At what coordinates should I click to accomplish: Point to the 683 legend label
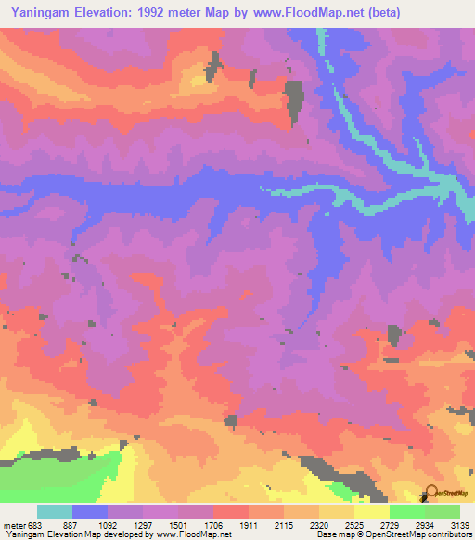tap(35, 523)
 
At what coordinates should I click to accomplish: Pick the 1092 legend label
tap(109, 523)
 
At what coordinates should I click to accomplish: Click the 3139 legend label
tap(461, 523)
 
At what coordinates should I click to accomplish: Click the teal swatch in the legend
tap(55, 511)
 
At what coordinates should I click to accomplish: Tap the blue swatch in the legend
tap(90, 511)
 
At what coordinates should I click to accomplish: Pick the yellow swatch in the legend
tap(372, 511)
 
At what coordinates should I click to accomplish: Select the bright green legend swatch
tap(407, 511)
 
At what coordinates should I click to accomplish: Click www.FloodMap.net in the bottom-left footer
tap(192, 534)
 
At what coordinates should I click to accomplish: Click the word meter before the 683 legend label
tap(13, 523)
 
